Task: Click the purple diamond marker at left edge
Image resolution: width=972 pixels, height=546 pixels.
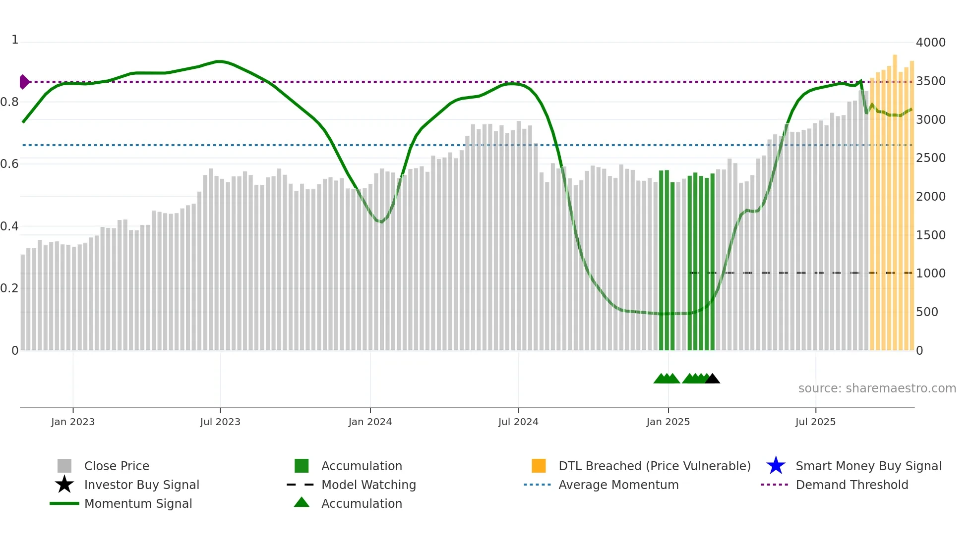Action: pos(24,82)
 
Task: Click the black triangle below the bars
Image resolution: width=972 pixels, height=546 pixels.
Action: pos(712,379)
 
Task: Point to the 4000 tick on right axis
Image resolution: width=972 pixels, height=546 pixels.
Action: pos(930,43)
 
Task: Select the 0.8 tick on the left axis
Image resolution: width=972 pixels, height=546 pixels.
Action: pos(9,102)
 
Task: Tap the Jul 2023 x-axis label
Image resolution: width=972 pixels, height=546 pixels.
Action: pos(220,422)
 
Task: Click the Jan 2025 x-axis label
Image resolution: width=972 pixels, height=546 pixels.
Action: pos(668,422)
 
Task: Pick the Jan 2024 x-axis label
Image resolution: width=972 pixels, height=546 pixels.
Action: pos(370,422)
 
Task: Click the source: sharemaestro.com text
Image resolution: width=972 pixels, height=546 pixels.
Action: pos(877,388)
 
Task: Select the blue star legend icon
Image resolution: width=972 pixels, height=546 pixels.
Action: pos(776,466)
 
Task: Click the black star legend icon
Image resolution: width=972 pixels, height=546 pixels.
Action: pos(64,485)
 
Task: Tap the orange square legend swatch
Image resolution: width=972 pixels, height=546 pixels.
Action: pos(539,466)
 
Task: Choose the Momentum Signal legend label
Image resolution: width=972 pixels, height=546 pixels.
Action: pos(138,503)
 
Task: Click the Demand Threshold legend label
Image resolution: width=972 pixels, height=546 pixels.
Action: pos(851,485)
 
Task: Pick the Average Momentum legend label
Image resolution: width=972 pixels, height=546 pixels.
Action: pos(618,485)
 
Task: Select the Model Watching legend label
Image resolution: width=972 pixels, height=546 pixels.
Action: pos(368,485)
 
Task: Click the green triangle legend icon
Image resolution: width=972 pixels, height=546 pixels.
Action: pos(302,502)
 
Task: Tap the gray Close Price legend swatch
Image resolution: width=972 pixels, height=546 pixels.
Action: pos(64,466)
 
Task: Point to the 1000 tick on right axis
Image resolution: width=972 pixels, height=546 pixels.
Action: pos(930,273)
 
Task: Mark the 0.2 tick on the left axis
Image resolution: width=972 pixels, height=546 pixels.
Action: pos(9,288)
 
